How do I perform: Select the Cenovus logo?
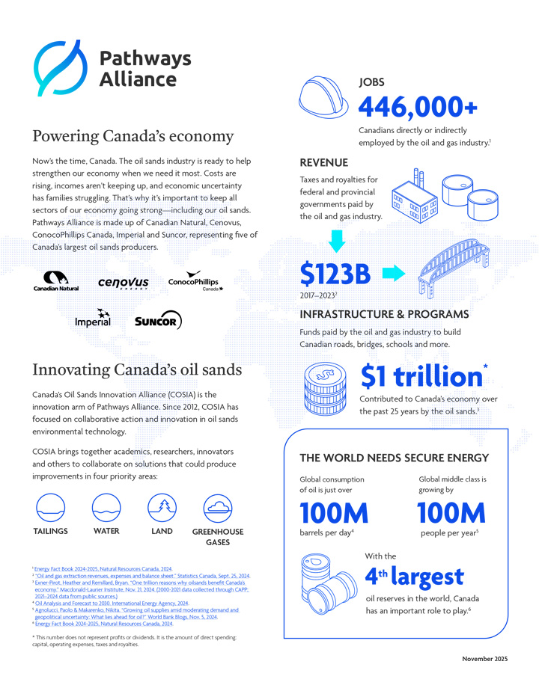124,283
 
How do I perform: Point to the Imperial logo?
93,319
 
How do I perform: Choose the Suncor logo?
157,320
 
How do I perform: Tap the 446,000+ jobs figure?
418,107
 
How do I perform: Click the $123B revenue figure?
335,274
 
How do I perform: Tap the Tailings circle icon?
50,508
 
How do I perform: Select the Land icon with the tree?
162,508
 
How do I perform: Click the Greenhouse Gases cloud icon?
218,508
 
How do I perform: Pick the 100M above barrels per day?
334,513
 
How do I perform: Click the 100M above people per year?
451,513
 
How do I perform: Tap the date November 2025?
484,659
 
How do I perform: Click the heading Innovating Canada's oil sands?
137,369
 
